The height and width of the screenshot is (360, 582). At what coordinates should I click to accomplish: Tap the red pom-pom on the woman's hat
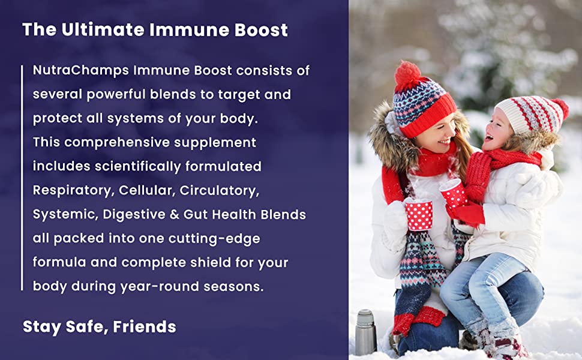408,75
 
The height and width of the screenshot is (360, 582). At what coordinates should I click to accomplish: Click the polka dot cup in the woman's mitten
419,214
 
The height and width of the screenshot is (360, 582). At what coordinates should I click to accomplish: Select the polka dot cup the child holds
455,194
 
